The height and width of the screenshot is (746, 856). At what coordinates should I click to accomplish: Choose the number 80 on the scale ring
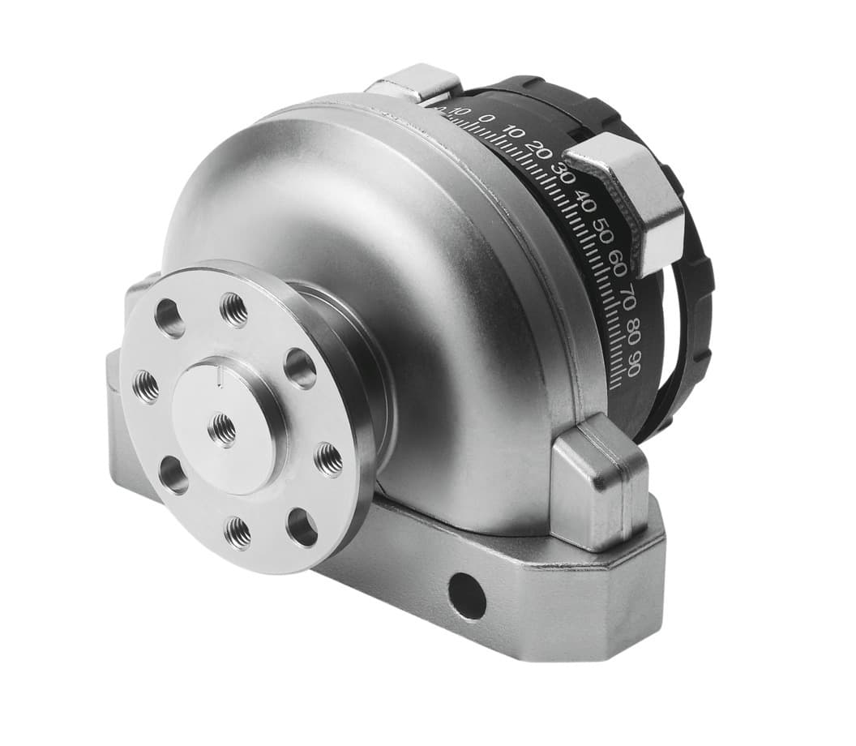pos(634,332)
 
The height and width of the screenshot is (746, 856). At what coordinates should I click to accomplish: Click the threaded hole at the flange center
pos(221,427)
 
